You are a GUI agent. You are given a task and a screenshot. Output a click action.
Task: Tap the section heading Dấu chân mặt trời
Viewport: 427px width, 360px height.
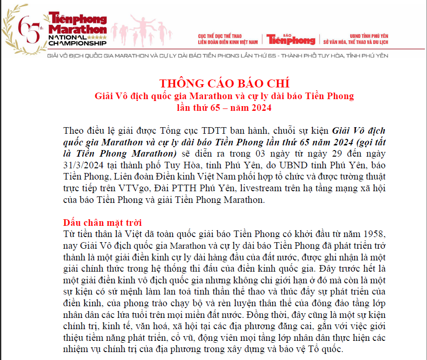102,223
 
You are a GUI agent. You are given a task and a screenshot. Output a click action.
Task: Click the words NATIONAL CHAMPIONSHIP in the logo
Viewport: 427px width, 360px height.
78,40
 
